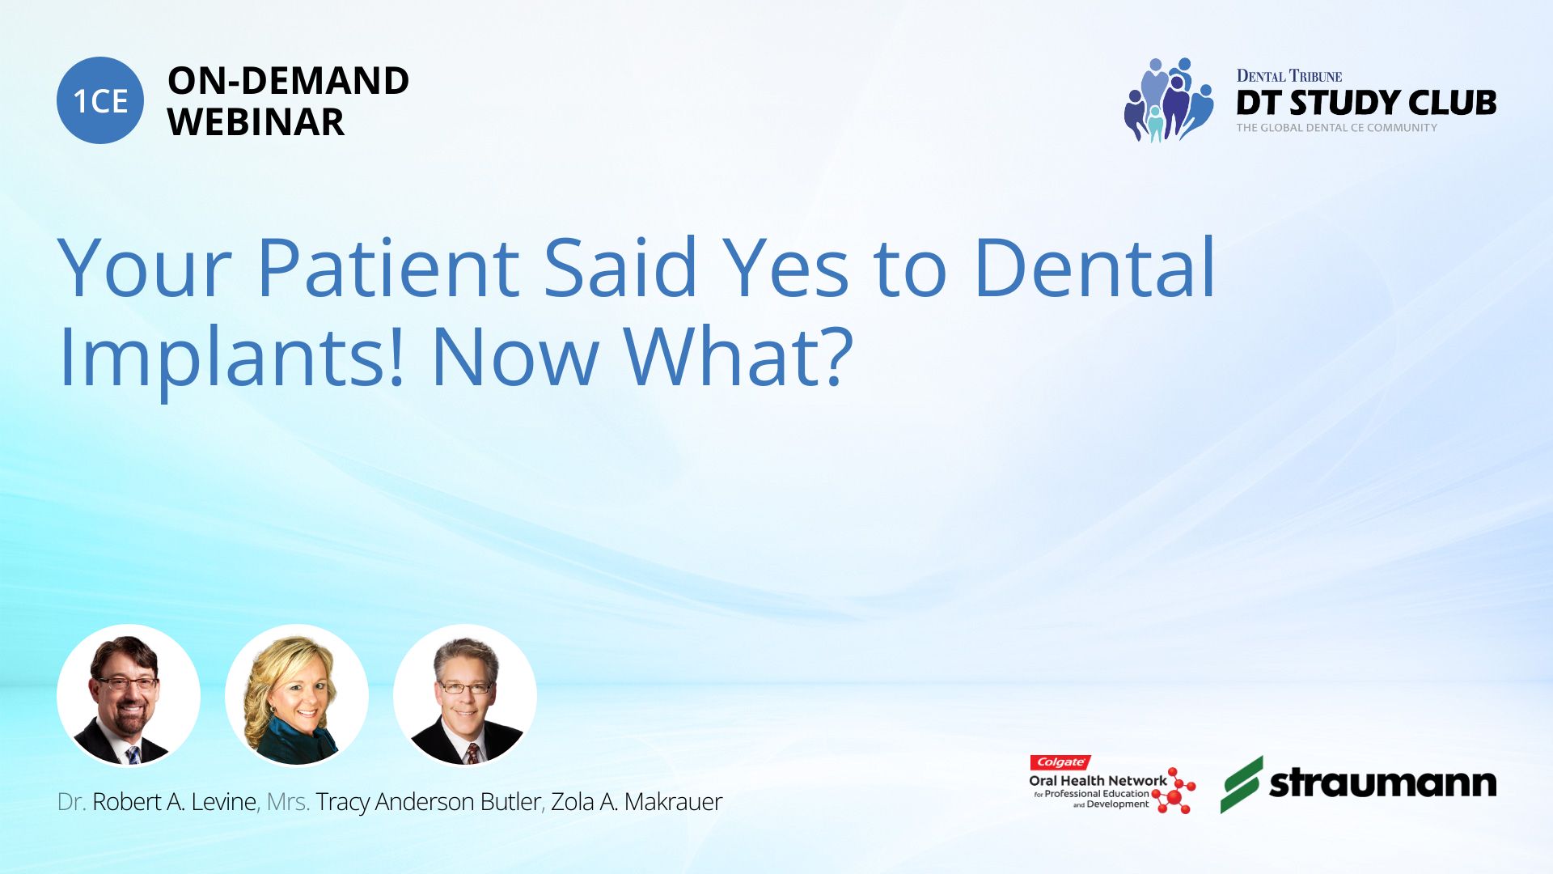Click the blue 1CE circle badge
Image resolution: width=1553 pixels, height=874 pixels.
pos(100,100)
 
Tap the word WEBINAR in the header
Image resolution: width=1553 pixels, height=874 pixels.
pos(256,122)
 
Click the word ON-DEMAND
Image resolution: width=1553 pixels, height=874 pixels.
pos(288,80)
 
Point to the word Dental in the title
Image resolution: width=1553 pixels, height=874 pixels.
pos(1094,266)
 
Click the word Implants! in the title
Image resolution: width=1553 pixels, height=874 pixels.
pos(231,357)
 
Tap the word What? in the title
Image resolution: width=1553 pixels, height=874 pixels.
pos(738,355)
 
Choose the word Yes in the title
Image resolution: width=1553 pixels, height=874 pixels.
pos(785,267)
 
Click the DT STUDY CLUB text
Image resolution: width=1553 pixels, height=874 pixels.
pos(1366,103)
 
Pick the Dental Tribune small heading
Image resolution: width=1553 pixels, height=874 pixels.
pos(1289,76)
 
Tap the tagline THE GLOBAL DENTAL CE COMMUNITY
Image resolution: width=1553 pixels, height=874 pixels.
pos(1336,128)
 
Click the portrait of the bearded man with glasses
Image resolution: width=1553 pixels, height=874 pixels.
pos(129,695)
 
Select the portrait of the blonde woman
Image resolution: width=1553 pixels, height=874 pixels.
pos(297,695)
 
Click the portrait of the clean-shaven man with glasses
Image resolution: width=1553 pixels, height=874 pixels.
pos(465,695)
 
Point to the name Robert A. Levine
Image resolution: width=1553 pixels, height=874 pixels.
pos(174,802)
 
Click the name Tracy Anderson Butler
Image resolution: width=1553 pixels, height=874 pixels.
pos(428,802)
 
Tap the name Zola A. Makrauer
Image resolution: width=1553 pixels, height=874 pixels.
pos(637,802)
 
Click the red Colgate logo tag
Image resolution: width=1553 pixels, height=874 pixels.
pos(1060,762)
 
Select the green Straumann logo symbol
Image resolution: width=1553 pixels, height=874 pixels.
pos(1242,784)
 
